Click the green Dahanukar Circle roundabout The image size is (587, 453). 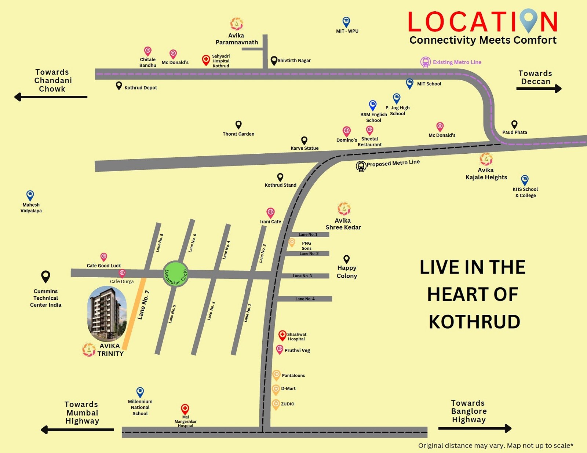tap(176, 274)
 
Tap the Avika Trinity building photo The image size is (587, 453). tap(107, 314)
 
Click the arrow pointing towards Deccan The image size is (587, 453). tap(539, 88)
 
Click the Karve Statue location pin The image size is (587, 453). tap(304, 140)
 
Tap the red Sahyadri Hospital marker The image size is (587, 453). tap(206, 60)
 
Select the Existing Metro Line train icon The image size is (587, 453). tap(425, 62)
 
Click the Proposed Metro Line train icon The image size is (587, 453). tap(361, 166)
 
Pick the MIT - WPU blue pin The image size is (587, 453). tap(346, 22)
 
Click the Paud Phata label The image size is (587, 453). tap(514, 132)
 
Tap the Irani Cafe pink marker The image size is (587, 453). tap(270, 212)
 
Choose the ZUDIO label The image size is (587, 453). tap(288, 404)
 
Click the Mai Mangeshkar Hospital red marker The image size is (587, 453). tap(185, 409)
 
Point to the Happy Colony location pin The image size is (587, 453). tap(346, 259)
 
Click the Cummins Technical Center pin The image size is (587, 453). tap(45, 276)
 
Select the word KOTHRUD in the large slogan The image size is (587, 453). tap(474, 322)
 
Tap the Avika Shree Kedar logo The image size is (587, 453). tap(344, 209)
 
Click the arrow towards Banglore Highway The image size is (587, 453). tap(475, 428)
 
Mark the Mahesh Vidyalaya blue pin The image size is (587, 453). tap(30, 195)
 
